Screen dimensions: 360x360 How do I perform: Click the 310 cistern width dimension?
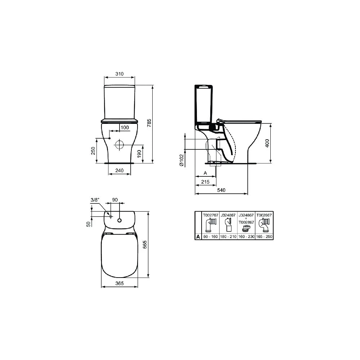point(120,74)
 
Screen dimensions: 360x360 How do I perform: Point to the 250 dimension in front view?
point(93,150)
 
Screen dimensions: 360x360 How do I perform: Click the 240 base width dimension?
point(119,171)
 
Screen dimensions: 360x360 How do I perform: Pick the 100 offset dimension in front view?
point(124,128)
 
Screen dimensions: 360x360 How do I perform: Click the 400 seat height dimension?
point(267,143)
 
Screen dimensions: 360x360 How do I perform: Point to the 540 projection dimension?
point(221,190)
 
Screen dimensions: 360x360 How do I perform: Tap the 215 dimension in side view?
point(205,182)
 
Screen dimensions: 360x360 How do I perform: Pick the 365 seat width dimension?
point(120,283)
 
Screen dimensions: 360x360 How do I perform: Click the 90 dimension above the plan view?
point(115,199)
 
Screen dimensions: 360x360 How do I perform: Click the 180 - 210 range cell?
point(228,237)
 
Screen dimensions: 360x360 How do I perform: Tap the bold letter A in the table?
point(198,237)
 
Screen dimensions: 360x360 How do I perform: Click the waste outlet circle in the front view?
point(119,145)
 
